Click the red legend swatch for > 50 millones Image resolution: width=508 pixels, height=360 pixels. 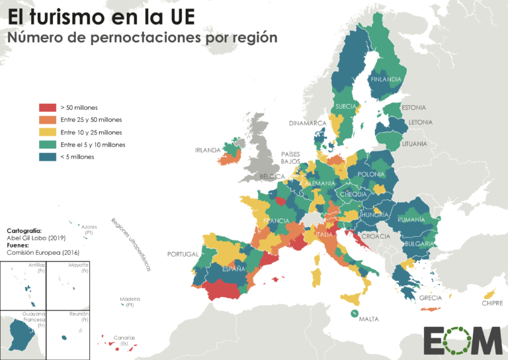pos(48,107)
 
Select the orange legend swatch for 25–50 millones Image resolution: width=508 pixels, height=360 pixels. pos(48,120)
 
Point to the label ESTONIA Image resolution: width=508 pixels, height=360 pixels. pos(413,107)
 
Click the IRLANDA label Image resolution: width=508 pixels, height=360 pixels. pos(207,150)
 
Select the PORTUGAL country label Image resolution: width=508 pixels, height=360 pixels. pos(183,254)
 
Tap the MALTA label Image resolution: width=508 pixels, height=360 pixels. pos(368,319)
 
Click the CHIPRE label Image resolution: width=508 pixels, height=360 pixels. pos(493,304)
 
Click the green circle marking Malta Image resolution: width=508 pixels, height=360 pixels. pos(355,313)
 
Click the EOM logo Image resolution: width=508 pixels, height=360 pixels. pos(462,340)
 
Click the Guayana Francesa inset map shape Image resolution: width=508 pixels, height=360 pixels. pos(24,334)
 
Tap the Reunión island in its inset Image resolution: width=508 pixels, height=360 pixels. pos(64,337)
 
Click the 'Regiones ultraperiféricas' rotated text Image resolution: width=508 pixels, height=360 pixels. pos(130,244)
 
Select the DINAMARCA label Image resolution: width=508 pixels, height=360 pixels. pos(308,123)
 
